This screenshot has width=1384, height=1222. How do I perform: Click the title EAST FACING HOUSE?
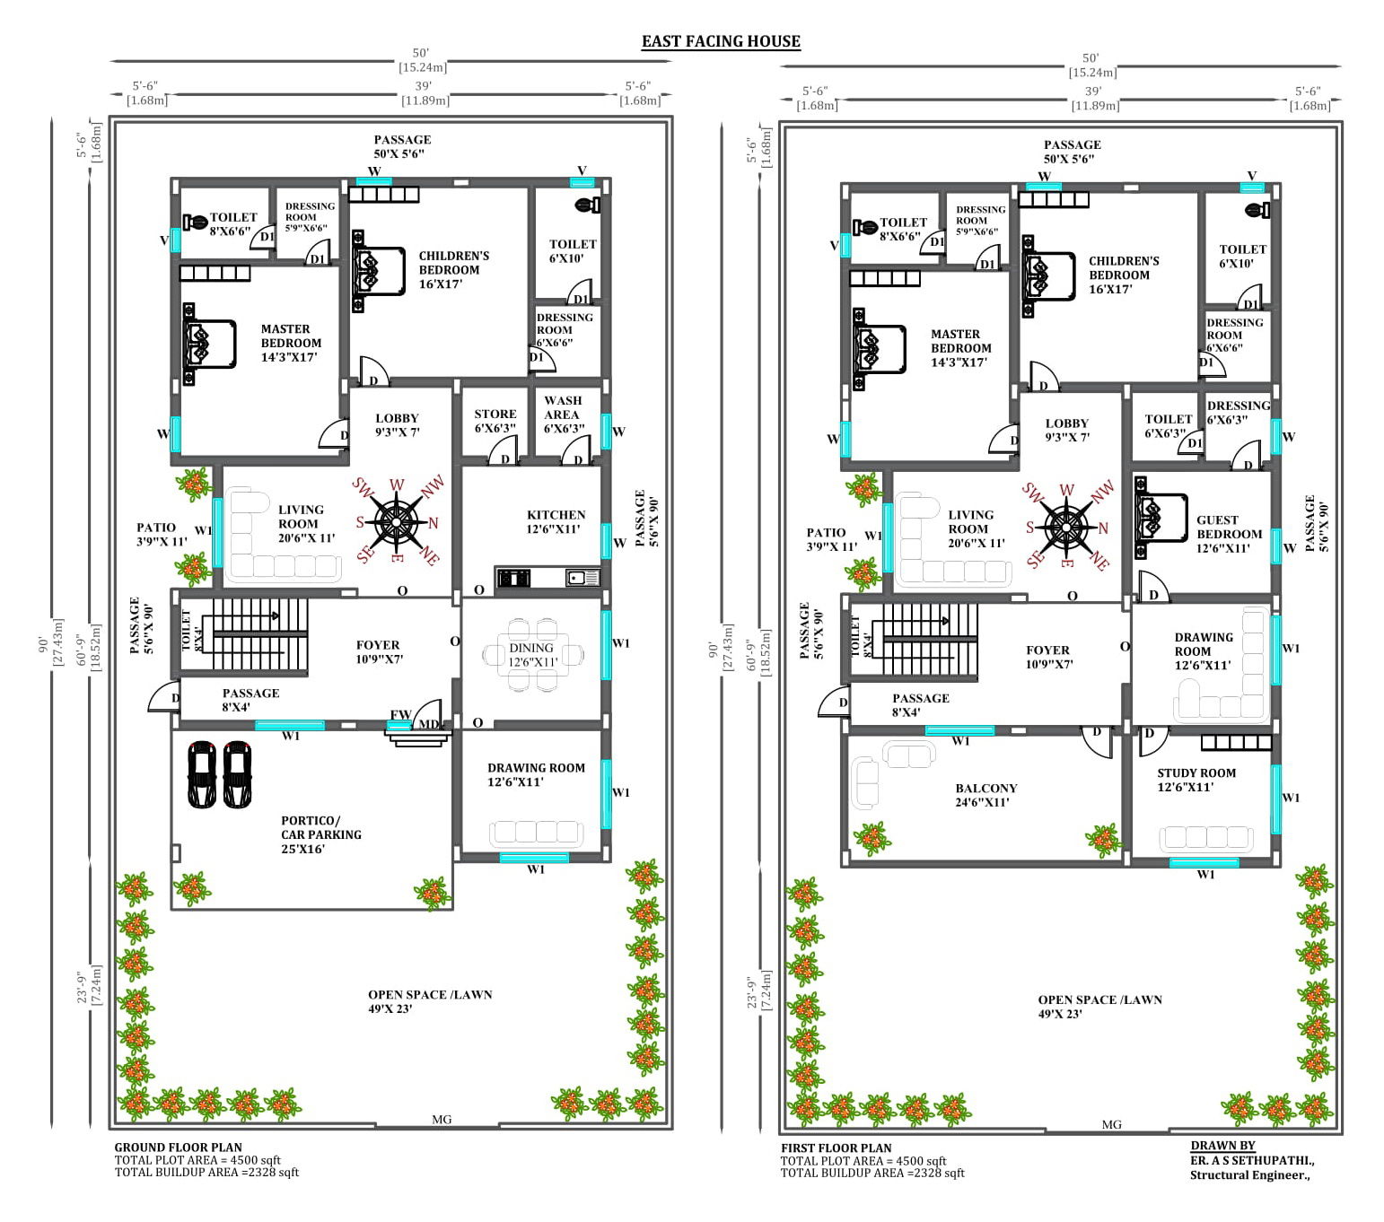click(721, 41)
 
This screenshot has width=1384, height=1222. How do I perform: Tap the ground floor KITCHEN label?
click(556, 515)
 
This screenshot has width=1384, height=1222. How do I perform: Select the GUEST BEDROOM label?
click(1228, 527)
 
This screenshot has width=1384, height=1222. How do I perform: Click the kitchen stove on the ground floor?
click(513, 578)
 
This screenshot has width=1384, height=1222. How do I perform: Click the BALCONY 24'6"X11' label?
click(985, 795)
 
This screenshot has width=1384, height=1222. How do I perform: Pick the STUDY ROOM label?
click(1196, 773)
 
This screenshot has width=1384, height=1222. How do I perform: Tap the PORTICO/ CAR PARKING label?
click(321, 827)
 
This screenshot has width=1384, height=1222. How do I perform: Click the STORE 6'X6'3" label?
click(495, 421)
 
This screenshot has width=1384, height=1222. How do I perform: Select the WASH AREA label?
click(563, 407)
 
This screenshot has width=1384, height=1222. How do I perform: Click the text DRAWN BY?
click(1222, 1146)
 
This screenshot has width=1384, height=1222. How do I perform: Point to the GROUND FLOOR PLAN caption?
click(179, 1148)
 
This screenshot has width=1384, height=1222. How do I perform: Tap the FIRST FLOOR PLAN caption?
click(837, 1148)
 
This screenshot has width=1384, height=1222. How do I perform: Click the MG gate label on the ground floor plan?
click(442, 1120)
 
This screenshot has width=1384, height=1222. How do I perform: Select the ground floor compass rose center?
click(397, 522)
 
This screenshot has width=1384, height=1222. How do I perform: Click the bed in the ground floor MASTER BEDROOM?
click(209, 345)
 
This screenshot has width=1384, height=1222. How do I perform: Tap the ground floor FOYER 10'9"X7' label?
click(379, 651)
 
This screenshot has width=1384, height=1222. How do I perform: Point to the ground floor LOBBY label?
click(397, 419)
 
